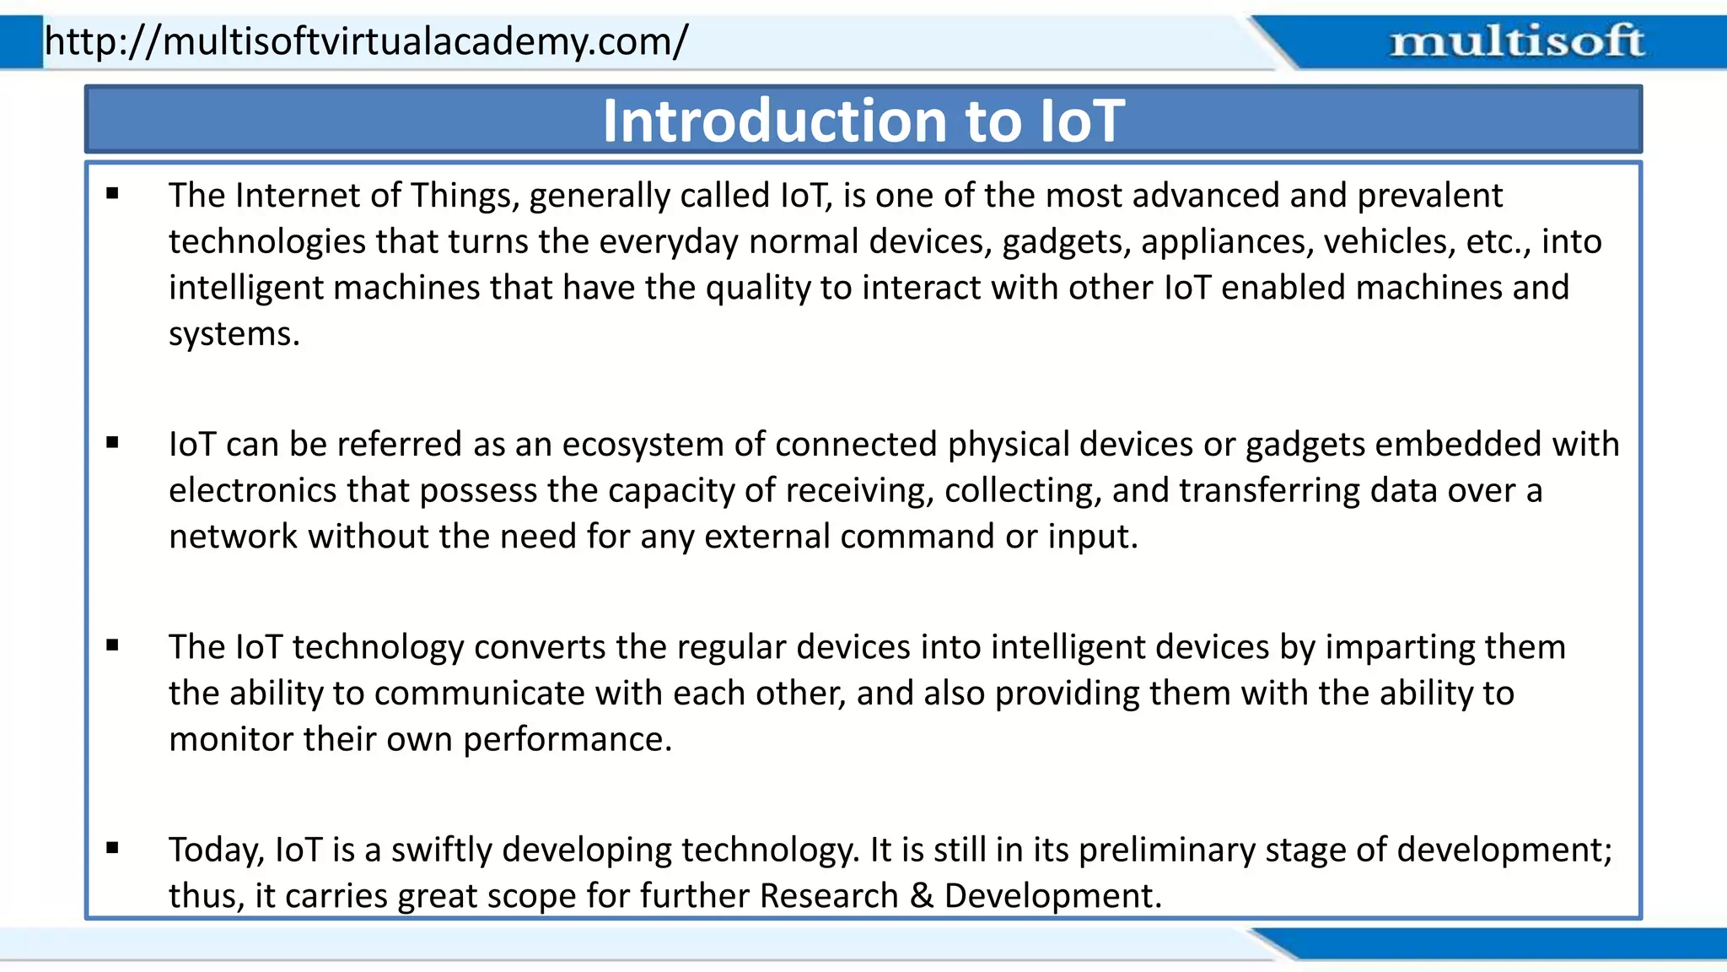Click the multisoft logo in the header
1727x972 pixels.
[x=1516, y=41]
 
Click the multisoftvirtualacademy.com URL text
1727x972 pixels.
[x=366, y=40]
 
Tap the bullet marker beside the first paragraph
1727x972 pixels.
[x=113, y=194]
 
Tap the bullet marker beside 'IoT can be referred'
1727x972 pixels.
[x=113, y=442]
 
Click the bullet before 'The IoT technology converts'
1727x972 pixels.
[x=113, y=645]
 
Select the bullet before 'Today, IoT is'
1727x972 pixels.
[x=113, y=848]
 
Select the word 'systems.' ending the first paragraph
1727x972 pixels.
[x=234, y=335]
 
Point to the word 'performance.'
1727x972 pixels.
[x=567, y=740]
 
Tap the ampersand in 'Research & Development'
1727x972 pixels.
[x=921, y=896]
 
